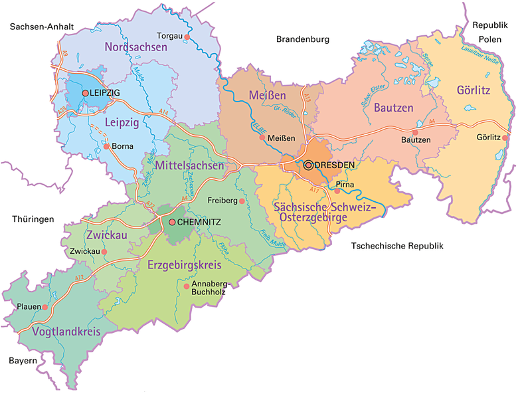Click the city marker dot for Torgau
pos(187,37)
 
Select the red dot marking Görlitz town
pos(505,138)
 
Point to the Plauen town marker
pos(45,307)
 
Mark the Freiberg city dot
pos(242,201)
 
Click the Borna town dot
pos(106,146)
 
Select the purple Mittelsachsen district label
pos(189,166)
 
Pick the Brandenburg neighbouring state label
pos(303,39)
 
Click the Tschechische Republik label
pos(397,246)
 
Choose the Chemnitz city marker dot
pos(172,222)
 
